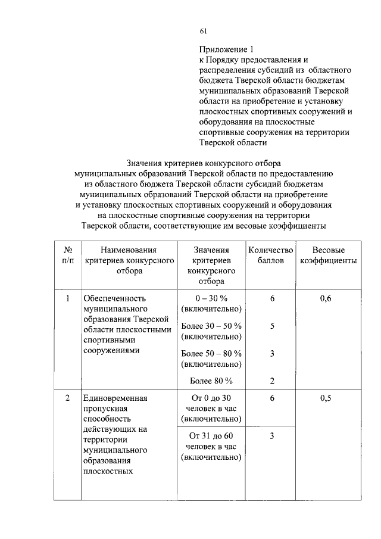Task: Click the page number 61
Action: pyautogui.click(x=203, y=31)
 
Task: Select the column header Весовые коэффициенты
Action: pyautogui.click(x=329, y=256)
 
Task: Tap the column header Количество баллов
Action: pyautogui.click(x=271, y=256)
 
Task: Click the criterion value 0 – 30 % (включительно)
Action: pyautogui.click(x=211, y=304)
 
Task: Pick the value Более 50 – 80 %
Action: pyautogui.click(x=211, y=353)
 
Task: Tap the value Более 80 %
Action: pyautogui.click(x=211, y=381)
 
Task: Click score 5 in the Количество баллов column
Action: pyautogui.click(x=271, y=326)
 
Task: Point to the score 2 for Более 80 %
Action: pyautogui.click(x=271, y=381)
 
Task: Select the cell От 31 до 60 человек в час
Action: pyautogui.click(x=211, y=447)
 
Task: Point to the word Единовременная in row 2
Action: pyautogui.click(x=115, y=398)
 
